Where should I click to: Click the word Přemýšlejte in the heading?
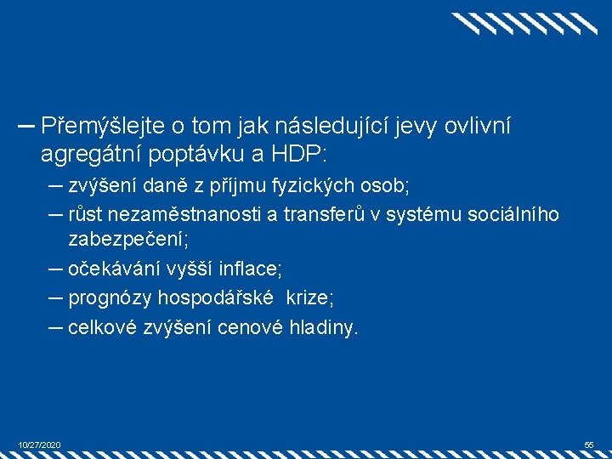(101, 127)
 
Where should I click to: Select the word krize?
(309, 298)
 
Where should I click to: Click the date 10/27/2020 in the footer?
(39, 445)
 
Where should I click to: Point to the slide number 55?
(589, 445)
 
